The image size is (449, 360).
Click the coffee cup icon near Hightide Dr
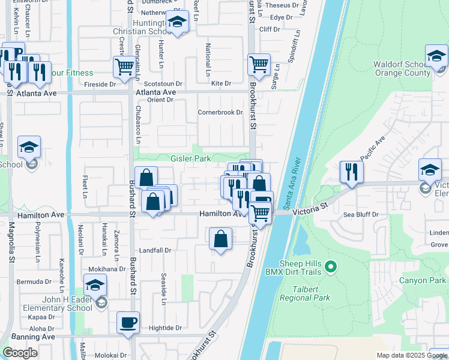click(128, 322)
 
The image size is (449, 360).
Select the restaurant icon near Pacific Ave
click(351, 172)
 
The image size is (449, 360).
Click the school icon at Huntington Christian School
click(176, 23)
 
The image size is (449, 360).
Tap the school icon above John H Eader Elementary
click(95, 284)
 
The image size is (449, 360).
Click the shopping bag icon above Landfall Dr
click(221, 238)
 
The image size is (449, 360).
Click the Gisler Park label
click(190, 159)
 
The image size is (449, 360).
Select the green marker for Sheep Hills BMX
click(330, 265)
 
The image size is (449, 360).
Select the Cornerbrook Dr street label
click(220, 112)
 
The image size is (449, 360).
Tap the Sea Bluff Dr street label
click(361, 214)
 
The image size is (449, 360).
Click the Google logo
click(20, 353)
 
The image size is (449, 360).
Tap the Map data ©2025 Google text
click(411, 355)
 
